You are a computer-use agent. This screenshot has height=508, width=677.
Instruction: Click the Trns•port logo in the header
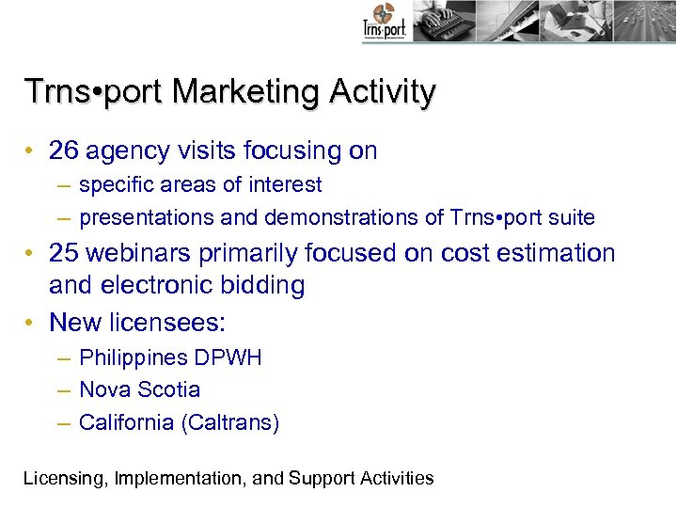coord(384,22)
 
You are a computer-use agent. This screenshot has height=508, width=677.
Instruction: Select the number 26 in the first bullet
coord(65,151)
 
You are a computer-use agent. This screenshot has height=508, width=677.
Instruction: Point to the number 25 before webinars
coord(65,253)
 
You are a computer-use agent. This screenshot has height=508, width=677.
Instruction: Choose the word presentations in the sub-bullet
coord(146,218)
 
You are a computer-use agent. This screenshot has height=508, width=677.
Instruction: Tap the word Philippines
coord(133,358)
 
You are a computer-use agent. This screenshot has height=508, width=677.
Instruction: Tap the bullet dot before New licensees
coord(31,323)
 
